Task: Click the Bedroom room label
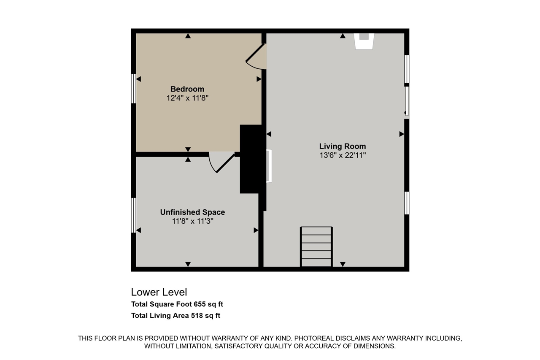187,89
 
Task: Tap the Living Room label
343,146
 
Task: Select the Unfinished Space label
193,212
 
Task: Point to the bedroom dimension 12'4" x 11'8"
187,98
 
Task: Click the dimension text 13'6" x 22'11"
343,155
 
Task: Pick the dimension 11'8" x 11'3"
193,221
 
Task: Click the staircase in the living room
316,246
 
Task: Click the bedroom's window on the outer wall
133,89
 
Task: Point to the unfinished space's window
133,215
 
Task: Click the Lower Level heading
159,292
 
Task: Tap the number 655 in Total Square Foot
200,304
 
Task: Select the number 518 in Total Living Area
197,315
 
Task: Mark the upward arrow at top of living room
343,36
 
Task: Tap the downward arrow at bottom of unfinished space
188,264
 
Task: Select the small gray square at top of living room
364,36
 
